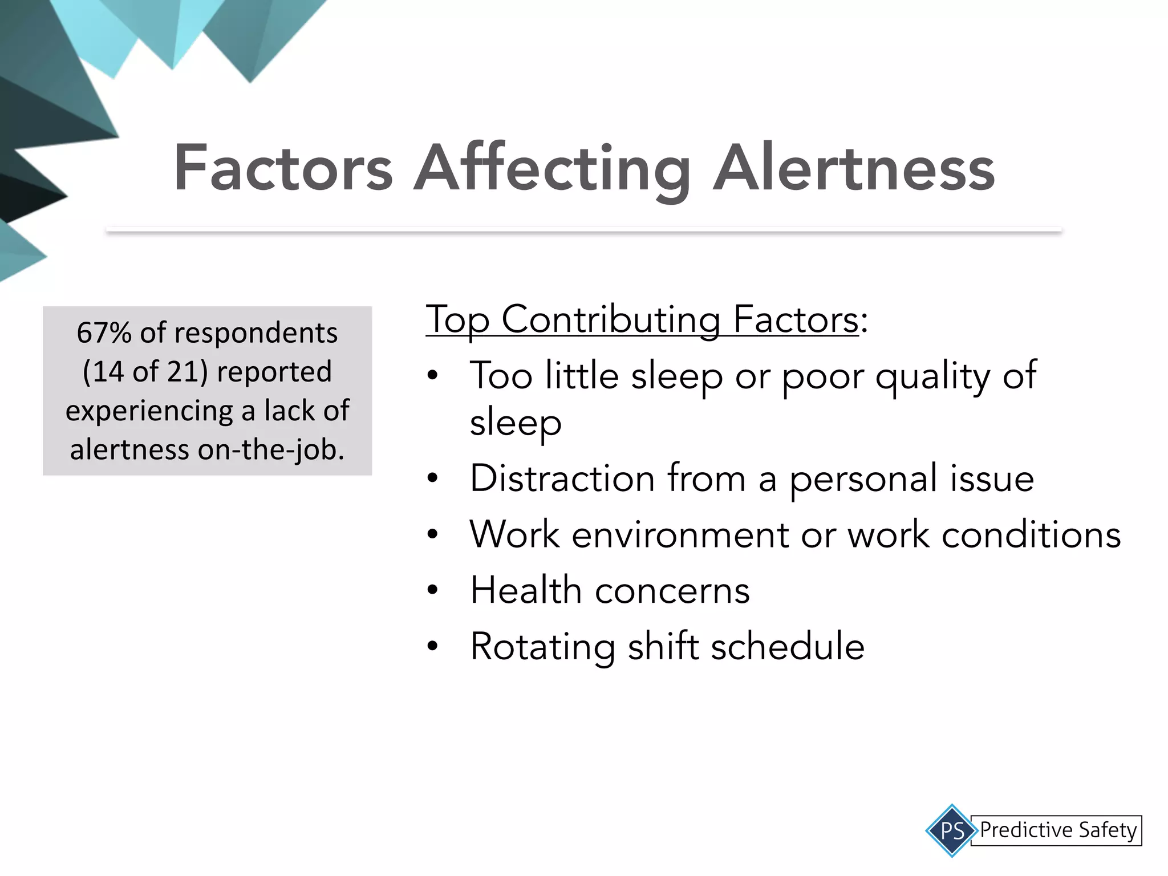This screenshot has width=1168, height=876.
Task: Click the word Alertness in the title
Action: pos(854,169)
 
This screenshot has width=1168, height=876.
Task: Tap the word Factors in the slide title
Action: pos(283,169)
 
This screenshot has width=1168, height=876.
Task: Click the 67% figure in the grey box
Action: pos(104,332)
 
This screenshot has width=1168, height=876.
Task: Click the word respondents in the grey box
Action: pos(255,333)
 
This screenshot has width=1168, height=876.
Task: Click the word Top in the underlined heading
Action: pos(457,321)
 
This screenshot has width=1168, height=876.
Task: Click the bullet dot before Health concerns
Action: pos(432,591)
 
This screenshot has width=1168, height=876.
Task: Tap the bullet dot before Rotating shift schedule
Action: pos(432,647)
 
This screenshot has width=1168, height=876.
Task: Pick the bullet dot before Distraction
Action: pos(432,478)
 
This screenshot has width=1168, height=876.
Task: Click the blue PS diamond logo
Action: pos(952,830)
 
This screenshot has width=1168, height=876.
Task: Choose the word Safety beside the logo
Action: pos(1108,830)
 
